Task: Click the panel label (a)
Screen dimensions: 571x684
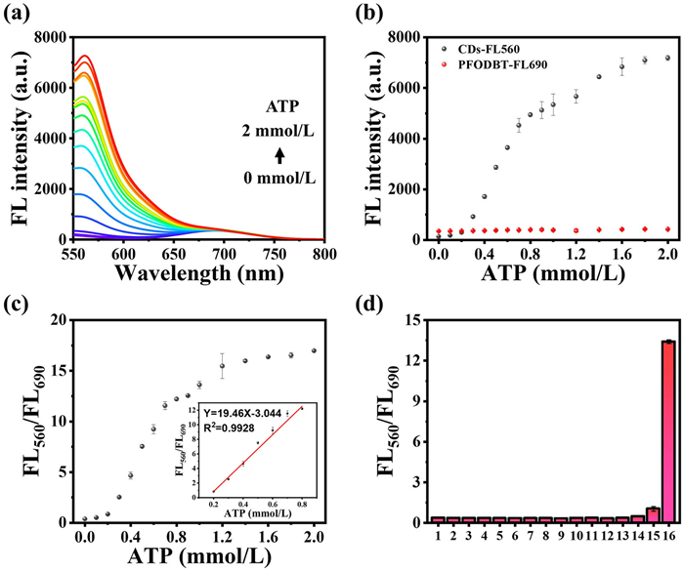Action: (x=17, y=13)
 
